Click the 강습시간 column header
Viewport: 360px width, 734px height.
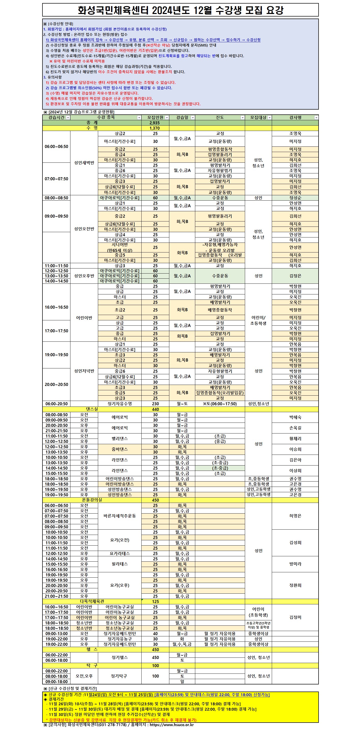pyautogui.click(x=56, y=117)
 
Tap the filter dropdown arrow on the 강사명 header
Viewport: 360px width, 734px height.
pyautogui.click(x=316, y=118)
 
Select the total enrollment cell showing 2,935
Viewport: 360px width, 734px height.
pyautogui.click(x=155, y=123)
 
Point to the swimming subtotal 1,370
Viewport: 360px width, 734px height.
pyautogui.click(x=155, y=128)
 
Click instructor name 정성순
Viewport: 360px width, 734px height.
pyautogui.click(x=295, y=198)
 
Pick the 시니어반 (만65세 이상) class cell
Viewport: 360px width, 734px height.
pyautogui.click(x=120, y=247)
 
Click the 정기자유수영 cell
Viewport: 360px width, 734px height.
pyautogui.click(x=120, y=403)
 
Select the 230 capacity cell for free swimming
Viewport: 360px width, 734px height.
pyautogui.click(x=155, y=403)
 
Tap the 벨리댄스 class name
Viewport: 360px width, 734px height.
pyautogui.click(x=120, y=439)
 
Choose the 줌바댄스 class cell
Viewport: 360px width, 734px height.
pyautogui.click(x=120, y=449)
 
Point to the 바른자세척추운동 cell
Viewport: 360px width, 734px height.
pyautogui.click(x=120, y=516)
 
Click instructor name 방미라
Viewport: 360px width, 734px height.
pyautogui.click(x=295, y=564)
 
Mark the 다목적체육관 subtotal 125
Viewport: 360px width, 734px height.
pyautogui.click(x=155, y=602)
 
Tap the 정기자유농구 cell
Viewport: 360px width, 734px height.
pyautogui.click(x=120, y=639)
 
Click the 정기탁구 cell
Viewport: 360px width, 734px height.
pyautogui.click(x=119, y=676)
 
